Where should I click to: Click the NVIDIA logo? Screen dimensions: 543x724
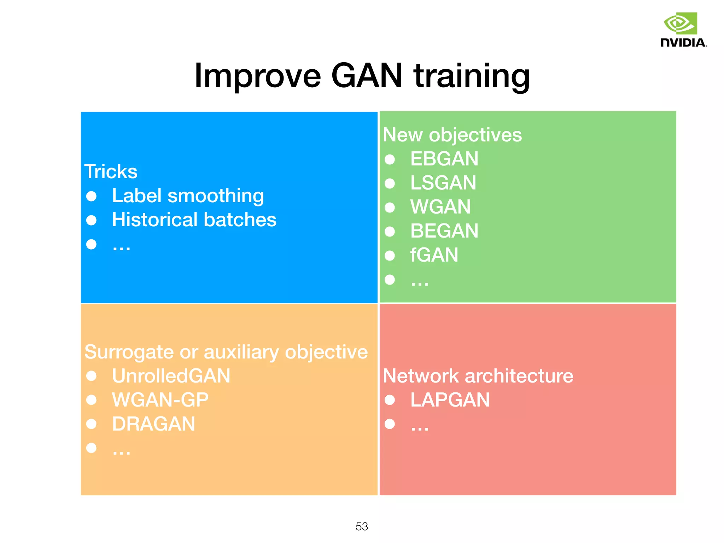click(683, 30)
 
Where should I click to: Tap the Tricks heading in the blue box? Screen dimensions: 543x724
click(111, 172)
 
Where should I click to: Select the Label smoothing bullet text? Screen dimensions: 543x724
click(188, 196)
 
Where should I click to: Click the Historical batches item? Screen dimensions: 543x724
click(194, 220)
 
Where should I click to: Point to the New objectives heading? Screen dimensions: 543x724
click(452, 135)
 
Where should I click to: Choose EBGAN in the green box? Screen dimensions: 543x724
click(444, 159)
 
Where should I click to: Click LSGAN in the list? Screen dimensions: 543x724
click(443, 183)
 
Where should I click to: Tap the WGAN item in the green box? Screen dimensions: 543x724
click(440, 207)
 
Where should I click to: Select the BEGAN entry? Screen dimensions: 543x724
click(444, 231)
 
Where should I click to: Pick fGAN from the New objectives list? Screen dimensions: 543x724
click(434, 255)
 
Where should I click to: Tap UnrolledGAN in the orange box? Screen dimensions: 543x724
click(171, 376)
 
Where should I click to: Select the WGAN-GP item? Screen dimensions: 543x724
click(160, 400)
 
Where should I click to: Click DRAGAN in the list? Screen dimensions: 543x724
click(153, 424)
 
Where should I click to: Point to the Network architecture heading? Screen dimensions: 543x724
click(478, 376)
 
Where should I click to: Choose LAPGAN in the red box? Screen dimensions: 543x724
click(450, 400)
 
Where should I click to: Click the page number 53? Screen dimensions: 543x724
click(362, 526)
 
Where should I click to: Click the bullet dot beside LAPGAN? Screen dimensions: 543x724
click(390, 400)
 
